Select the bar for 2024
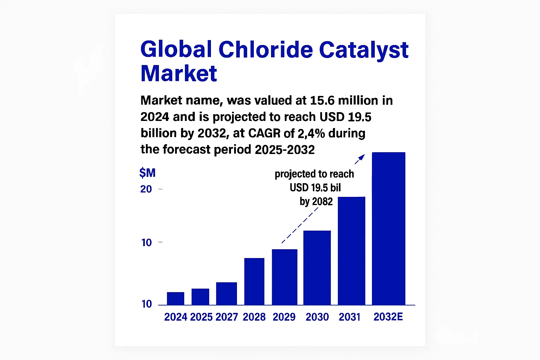(175, 298)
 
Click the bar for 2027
(226, 294)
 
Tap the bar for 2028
(254, 282)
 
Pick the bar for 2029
(284, 277)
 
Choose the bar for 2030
(317, 268)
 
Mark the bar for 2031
(352, 251)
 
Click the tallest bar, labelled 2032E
(388, 229)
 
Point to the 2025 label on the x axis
(201, 317)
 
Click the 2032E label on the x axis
(388, 317)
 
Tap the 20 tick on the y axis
(146, 189)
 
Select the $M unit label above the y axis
(147, 173)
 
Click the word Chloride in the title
(266, 50)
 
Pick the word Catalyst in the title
(364, 50)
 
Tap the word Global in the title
(176, 50)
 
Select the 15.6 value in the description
(322, 100)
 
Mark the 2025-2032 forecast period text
(285, 149)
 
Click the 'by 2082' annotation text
(316, 201)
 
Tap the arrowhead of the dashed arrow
(362, 157)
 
